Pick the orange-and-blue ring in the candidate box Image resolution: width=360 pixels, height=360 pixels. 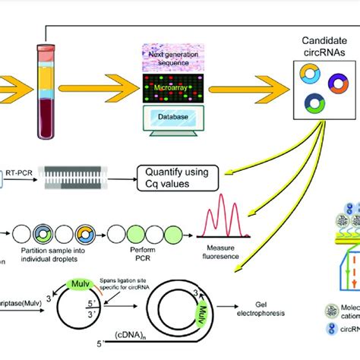(310, 74)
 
